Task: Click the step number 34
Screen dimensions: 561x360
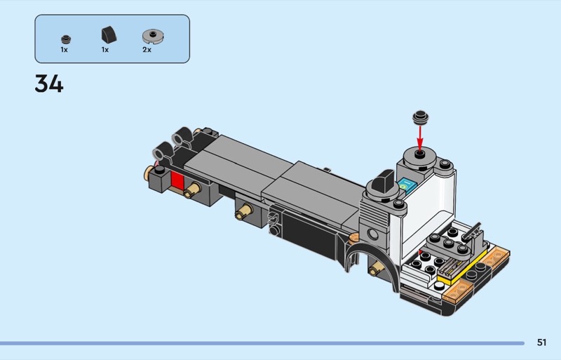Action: tap(49, 84)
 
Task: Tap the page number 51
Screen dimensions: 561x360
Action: tap(541, 342)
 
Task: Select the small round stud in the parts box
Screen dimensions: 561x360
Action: tap(66, 39)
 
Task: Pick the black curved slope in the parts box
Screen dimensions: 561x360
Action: tap(109, 35)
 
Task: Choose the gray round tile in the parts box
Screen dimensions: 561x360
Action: tap(153, 36)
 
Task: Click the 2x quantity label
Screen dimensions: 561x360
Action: tap(147, 50)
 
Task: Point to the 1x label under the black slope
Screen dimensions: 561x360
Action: tap(104, 50)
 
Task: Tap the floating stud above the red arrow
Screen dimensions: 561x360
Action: tap(420, 116)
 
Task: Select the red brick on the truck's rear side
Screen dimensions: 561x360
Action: tap(177, 180)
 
